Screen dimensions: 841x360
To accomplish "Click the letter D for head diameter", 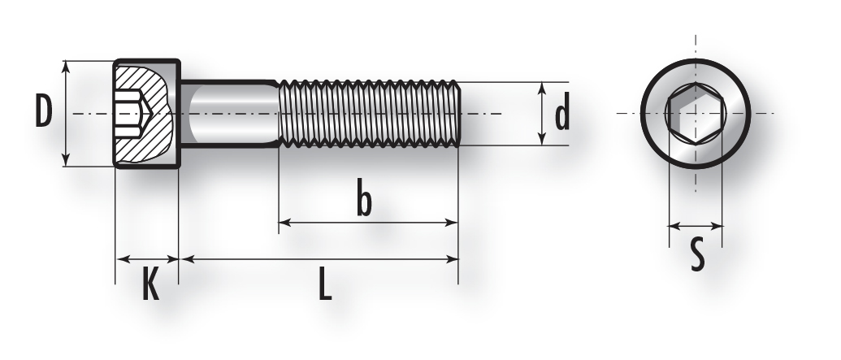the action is [x=43, y=111].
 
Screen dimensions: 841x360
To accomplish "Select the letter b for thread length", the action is [x=364, y=200].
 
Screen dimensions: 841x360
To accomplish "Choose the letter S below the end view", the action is [x=696, y=255].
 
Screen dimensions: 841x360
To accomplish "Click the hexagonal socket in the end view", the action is [x=696, y=114].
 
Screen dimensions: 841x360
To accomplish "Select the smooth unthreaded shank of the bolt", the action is [x=229, y=114].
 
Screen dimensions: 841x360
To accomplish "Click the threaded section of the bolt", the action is [x=368, y=114].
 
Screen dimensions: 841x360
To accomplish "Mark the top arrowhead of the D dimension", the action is [x=66, y=66].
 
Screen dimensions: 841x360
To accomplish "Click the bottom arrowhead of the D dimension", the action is [x=66, y=160].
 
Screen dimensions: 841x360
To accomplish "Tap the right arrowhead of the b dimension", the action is [x=452, y=223].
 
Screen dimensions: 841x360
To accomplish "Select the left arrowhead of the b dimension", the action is [x=285, y=223].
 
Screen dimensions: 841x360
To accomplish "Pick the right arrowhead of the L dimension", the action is [x=452, y=259].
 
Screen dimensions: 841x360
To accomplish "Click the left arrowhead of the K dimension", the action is [x=122, y=259].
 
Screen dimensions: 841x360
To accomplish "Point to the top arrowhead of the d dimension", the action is [x=542, y=88].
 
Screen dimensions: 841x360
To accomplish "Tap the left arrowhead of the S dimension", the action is [x=674, y=227].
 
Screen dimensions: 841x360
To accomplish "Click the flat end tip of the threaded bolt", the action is [x=458, y=114].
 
